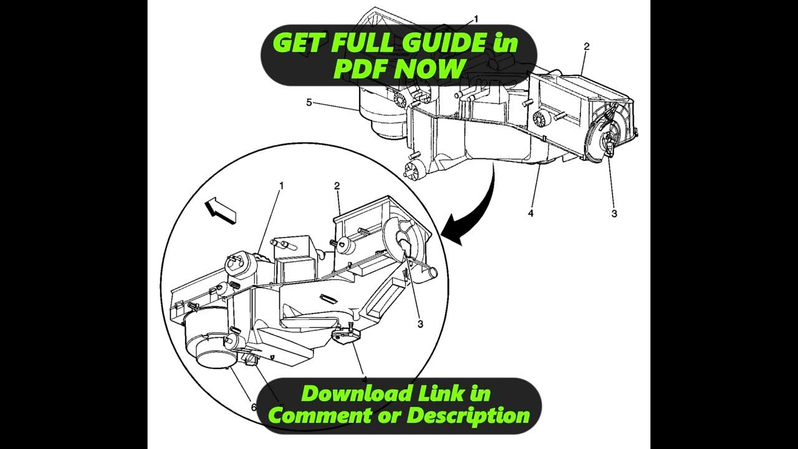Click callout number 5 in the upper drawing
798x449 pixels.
[x=309, y=102]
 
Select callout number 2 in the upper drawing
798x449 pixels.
[x=586, y=47]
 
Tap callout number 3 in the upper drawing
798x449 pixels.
[x=614, y=213]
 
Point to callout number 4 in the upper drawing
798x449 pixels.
[x=531, y=213]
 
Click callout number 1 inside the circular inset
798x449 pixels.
[x=282, y=186]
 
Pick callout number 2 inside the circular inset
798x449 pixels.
[x=337, y=186]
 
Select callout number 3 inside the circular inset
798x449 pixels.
[x=420, y=324]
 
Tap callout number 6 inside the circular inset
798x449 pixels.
[x=254, y=407]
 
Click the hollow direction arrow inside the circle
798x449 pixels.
[x=220, y=210]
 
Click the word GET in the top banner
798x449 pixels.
[x=299, y=43]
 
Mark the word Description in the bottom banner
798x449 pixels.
[x=468, y=415]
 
